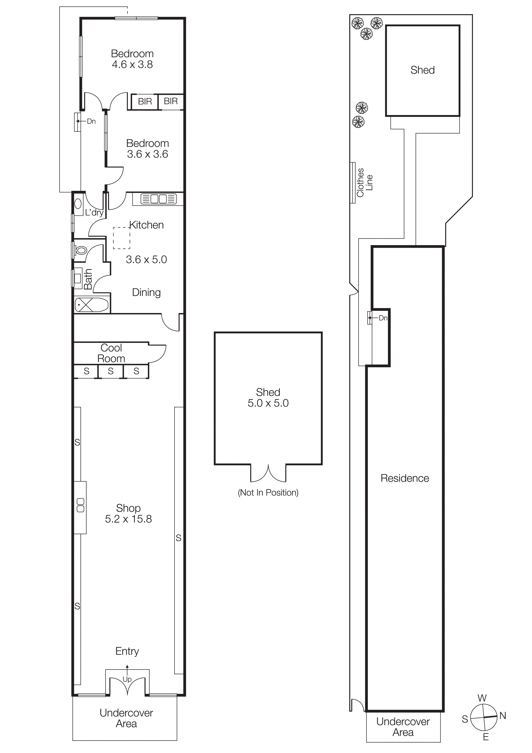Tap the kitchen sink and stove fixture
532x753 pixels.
tap(158, 199)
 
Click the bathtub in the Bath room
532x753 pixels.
tap(91, 305)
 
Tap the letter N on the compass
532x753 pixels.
tap(503, 716)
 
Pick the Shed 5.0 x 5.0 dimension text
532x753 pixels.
tap(268, 403)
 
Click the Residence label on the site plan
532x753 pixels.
tap(405, 478)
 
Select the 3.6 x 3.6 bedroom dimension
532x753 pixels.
tap(147, 154)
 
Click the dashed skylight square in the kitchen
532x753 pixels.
tap(122, 238)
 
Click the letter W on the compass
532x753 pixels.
tap(482, 698)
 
